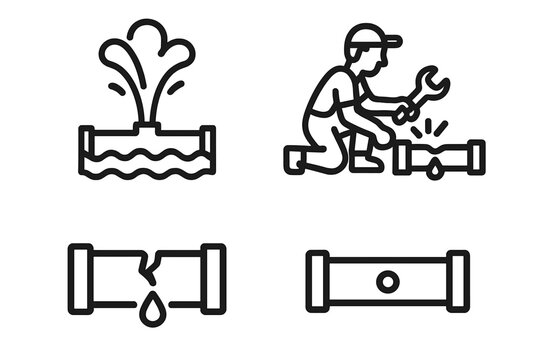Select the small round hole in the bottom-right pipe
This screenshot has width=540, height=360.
pyautogui.click(x=387, y=281)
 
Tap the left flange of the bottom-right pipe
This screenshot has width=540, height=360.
pyautogui.click(x=317, y=279)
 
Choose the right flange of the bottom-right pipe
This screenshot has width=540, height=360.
pyautogui.click(x=458, y=279)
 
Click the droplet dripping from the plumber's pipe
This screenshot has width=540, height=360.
pyautogui.click(x=436, y=172)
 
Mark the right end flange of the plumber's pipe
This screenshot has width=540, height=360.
pyautogui.click(x=476, y=156)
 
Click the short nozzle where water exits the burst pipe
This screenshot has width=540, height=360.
pyautogui.click(x=147, y=125)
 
